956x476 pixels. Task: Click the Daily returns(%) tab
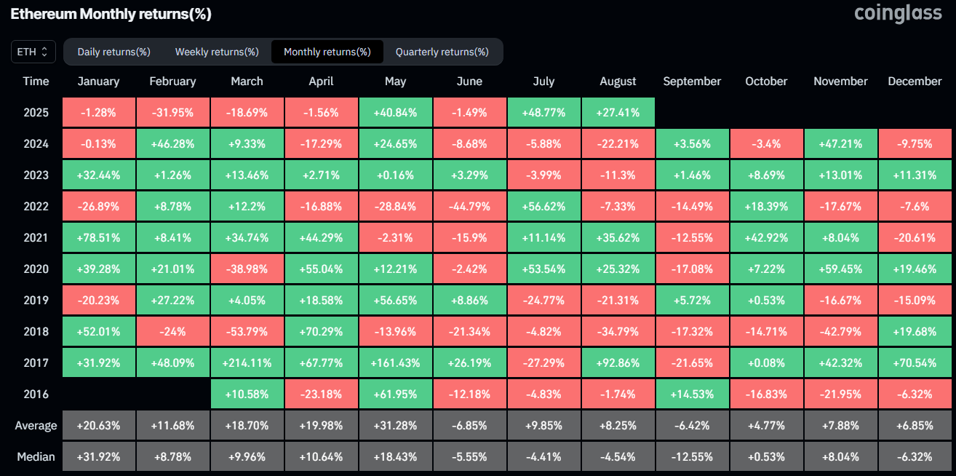(x=113, y=52)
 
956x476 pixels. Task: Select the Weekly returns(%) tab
(x=217, y=52)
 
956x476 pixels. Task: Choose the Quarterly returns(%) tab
(x=442, y=52)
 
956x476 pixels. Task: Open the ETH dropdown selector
(x=33, y=52)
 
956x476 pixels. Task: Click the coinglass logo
(x=898, y=14)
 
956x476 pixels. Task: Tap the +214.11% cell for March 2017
(x=247, y=362)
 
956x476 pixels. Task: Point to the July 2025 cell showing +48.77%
(x=543, y=112)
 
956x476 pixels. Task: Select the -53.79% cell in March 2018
(x=247, y=331)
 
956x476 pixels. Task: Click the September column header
(x=692, y=82)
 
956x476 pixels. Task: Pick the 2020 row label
(x=36, y=269)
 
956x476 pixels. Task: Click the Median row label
(x=36, y=456)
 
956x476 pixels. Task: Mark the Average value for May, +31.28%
(x=395, y=425)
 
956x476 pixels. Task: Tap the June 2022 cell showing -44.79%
(x=469, y=206)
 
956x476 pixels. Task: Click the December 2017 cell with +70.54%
(x=915, y=362)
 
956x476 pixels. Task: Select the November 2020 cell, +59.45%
(x=840, y=269)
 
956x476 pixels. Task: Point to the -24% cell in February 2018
(x=173, y=331)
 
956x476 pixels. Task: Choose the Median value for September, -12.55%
(x=692, y=456)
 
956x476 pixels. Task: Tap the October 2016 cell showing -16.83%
(x=766, y=394)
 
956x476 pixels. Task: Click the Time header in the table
(x=36, y=82)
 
